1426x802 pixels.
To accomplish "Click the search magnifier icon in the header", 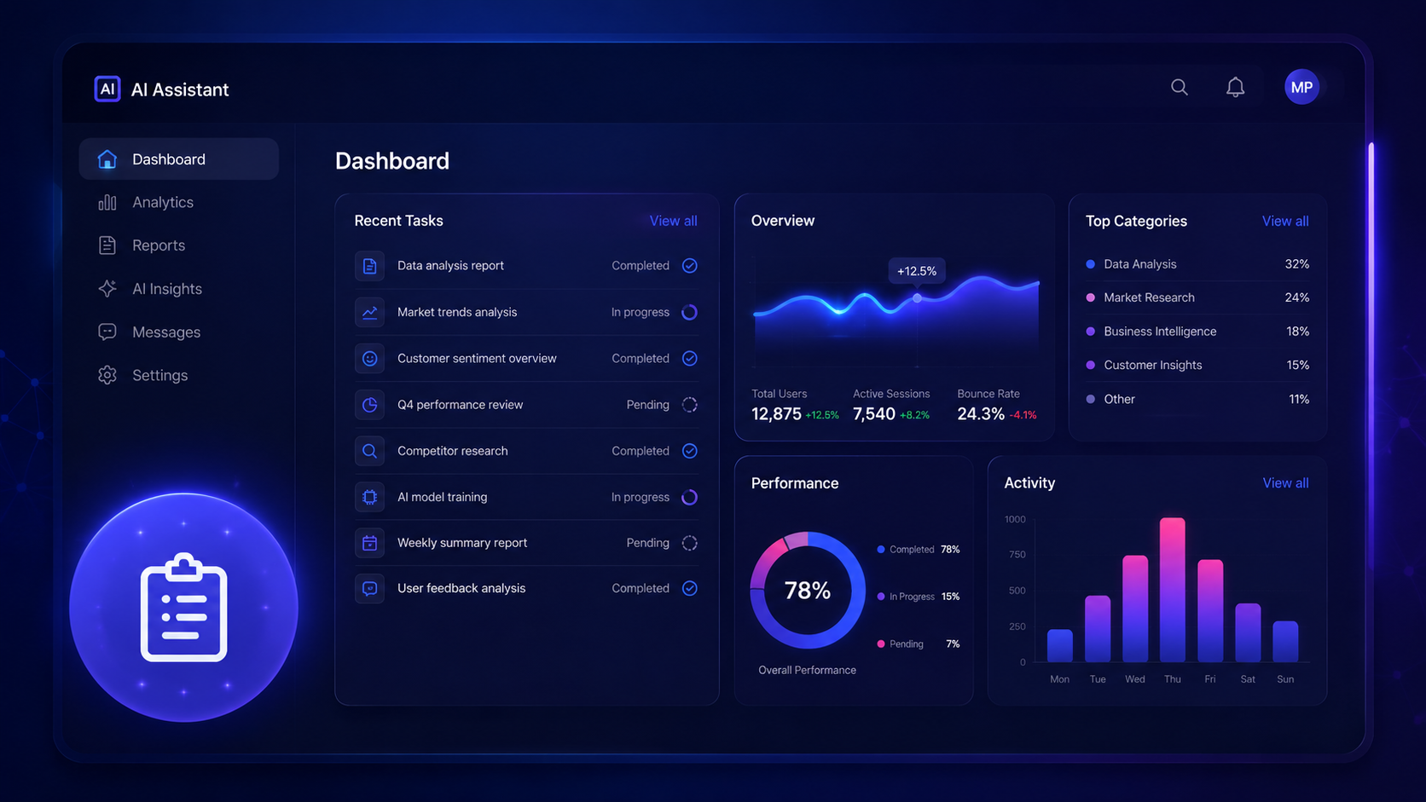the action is click(x=1179, y=87).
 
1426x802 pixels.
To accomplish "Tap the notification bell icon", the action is click(x=1235, y=87).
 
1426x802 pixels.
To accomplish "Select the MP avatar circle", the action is click(x=1301, y=87).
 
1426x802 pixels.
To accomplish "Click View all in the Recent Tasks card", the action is click(x=673, y=221).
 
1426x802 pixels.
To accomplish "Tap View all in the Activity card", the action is click(x=1285, y=482).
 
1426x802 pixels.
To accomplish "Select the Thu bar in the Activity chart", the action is click(x=1172, y=590).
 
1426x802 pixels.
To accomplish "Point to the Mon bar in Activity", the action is click(x=1059, y=645).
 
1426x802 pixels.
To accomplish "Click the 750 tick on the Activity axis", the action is click(x=1017, y=555).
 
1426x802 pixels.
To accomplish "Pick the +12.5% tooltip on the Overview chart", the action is click(x=917, y=271).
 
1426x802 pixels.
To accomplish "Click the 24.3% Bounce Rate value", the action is click(x=981, y=414).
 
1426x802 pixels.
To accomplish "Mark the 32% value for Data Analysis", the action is click(x=1296, y=264).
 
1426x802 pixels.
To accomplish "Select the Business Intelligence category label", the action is click(x=1160, y=332).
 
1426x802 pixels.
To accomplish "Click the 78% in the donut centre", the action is click(x=807, y=591).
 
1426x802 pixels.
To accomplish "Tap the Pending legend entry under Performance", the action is click(x=918, y=643).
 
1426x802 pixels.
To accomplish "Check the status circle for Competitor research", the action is click(x=689, y=451).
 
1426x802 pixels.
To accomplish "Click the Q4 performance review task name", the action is click(x=460, y=405).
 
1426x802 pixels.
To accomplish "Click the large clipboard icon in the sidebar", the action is click(x=183, y=608).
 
